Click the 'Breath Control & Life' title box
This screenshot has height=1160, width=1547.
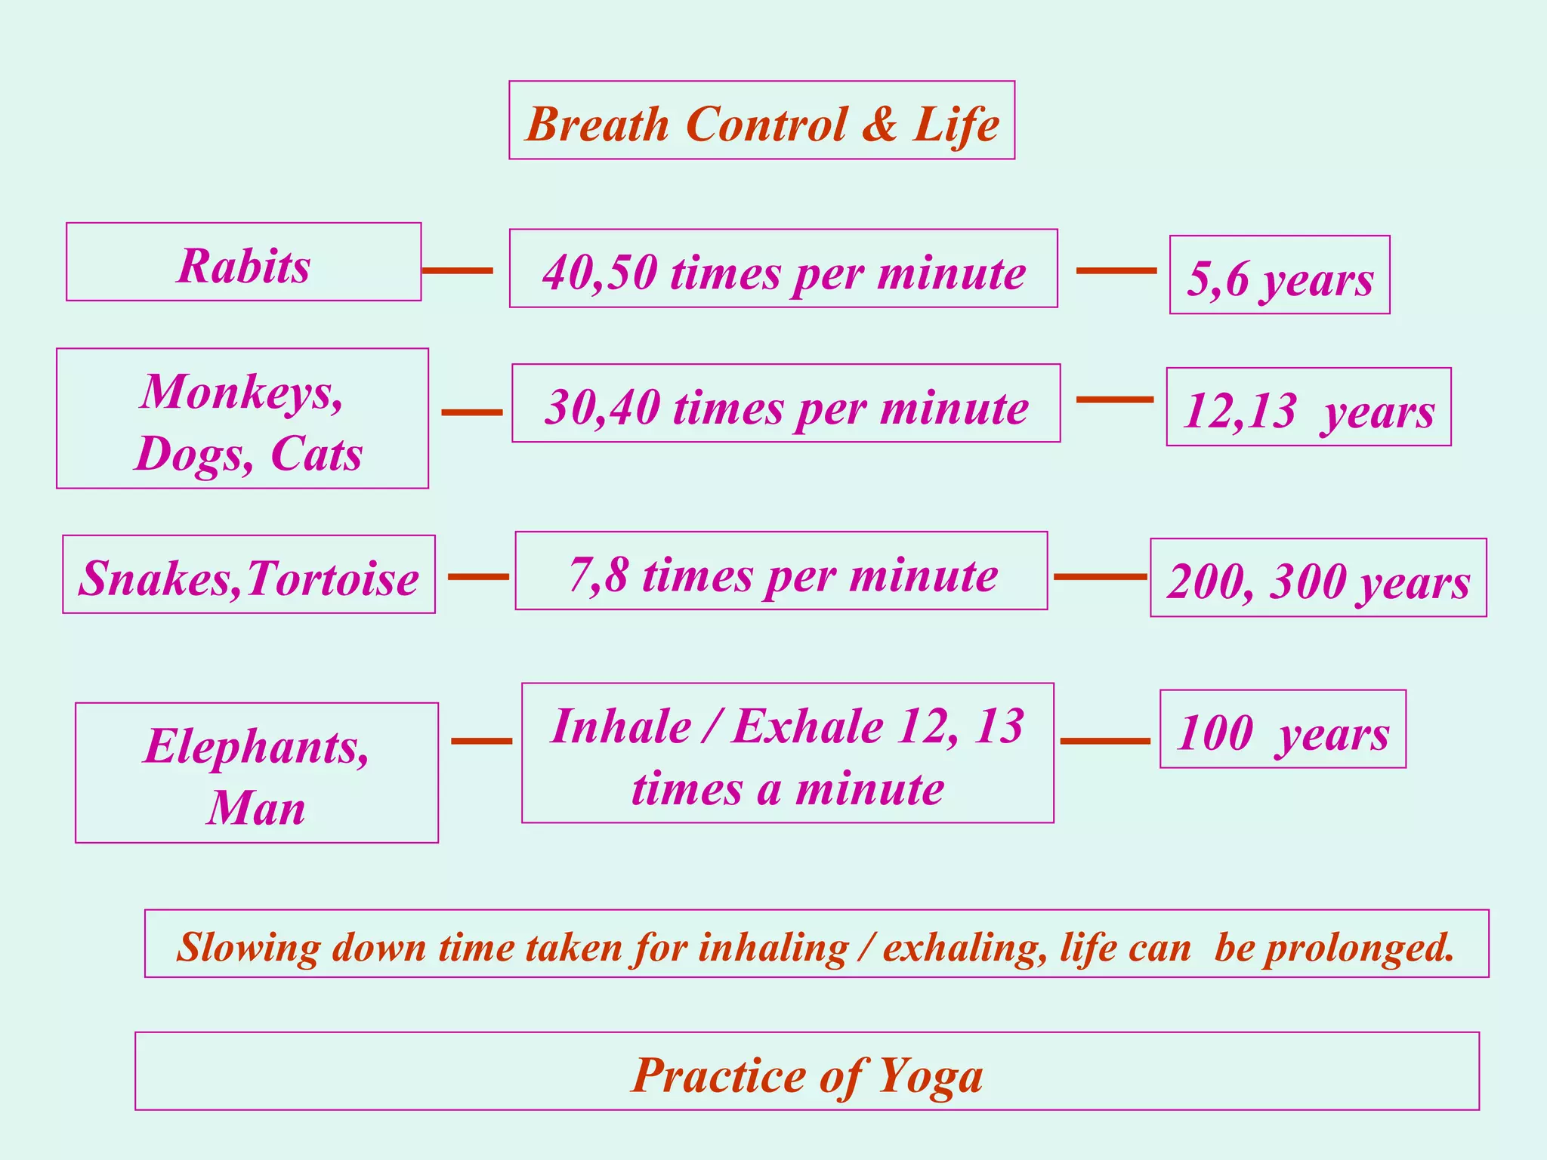[x=761, y=121]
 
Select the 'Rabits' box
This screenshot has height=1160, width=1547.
[x=243, y=262]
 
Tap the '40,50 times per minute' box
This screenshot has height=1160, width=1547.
[x=783, y=269]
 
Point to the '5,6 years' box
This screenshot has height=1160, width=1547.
[x=1279, y=275]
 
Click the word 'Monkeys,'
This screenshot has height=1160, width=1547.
[x=242, y=392]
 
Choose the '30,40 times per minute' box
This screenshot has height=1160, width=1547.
[x=786, y=404]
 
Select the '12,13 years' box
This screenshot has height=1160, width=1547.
[x=1308, y=408]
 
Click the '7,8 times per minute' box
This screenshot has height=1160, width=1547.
[x=781, y=571]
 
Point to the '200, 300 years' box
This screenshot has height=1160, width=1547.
[x=1318, y=578]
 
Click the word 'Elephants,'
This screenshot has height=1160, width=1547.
[x=257, y=746]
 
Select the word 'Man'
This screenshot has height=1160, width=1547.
[x=257, y=807]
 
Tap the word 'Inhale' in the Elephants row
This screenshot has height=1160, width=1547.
[x=621, y=726]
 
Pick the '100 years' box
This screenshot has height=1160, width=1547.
[x=1283, y=730]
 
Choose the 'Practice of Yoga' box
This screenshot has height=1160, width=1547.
[x=807, y=1072]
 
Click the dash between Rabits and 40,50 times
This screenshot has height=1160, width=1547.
[x=457, y=270]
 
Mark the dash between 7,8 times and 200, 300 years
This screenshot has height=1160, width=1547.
[x=1100, y=576]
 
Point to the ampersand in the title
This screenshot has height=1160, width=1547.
[x=879, y=123]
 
